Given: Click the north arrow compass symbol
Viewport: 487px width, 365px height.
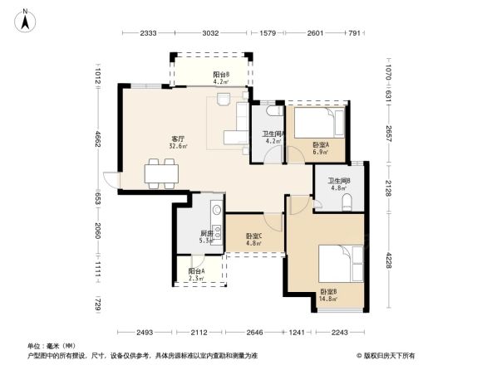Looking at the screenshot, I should (x=26, y=18).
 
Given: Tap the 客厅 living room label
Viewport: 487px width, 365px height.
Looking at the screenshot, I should (x=177, y=139).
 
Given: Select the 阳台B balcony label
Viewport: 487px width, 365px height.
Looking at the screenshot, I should (x=220, y=74).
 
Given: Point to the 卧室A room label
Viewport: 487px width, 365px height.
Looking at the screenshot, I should (x=320, y=144).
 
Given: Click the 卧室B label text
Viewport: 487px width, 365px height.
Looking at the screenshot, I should (x=328, y=292).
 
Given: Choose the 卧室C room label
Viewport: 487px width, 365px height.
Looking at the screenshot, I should (x=253, y=236).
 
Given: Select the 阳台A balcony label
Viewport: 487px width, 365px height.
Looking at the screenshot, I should (x=195, y=271).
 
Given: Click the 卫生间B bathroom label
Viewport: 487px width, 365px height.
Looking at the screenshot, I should (x=338, y=182).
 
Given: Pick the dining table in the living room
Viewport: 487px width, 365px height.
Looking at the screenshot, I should (x=160, y=173).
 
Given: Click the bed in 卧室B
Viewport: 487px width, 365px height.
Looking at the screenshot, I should (x=341, y=264).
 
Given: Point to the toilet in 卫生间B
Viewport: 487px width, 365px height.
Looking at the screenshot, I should (x=347, y=202).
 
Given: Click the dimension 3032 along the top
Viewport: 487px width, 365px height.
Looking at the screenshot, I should (x=210, y=33).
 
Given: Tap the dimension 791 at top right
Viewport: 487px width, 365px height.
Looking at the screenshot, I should (x=353, y=33).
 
